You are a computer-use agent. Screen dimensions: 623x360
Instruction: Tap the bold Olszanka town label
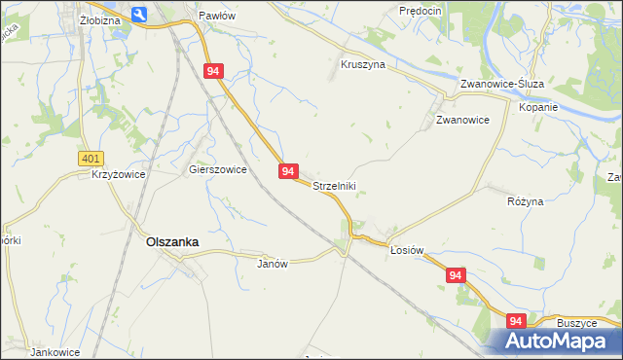pyautogui.click(x=172, y=243)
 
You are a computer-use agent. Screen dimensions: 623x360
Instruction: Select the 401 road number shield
pyautogui.click(x=91, y=159)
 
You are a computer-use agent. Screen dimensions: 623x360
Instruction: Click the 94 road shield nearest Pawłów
pyautogui.click(x=215, y=71)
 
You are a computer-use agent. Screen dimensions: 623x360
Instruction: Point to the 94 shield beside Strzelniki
pyautogui.click(x=288, y=170)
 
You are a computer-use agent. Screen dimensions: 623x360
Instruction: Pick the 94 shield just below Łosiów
pyautogui.click(x=457, y=276)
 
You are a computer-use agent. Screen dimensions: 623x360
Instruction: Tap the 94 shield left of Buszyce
pyautogui.click(x=516, y=320)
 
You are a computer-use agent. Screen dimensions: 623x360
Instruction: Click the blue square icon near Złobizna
pyautogui.click(x=138, y=14)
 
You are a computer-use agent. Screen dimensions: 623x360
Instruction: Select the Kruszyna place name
pyautogui.click(x=363, y=65)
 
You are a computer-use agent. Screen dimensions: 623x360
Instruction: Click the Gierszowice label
pyautogui.click(x=217, y=168)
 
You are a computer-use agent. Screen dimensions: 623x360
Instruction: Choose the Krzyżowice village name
pyautogui.click(x=118, y=175)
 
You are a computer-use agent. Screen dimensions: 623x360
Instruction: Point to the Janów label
pyautogui.click(x=274, y=264)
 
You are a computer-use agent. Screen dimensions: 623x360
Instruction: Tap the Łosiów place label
pyautogui.click(x=407, y=250)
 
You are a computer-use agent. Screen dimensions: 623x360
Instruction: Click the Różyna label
pyautogui.click(x=526, y=201)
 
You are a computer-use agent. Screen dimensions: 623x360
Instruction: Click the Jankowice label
pyautogui.click(x=54, y=352)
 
